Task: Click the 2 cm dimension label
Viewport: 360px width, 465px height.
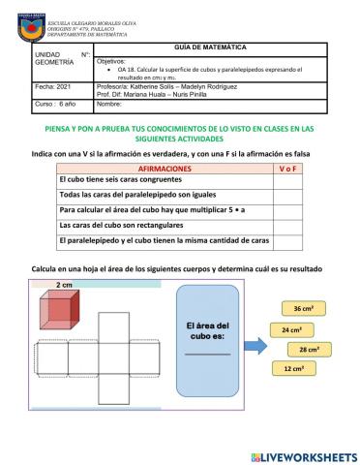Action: coord(64,286)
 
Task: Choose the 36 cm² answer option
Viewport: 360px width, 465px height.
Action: coord(302,308)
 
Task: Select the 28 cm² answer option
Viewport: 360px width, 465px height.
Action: coord(309,349)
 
